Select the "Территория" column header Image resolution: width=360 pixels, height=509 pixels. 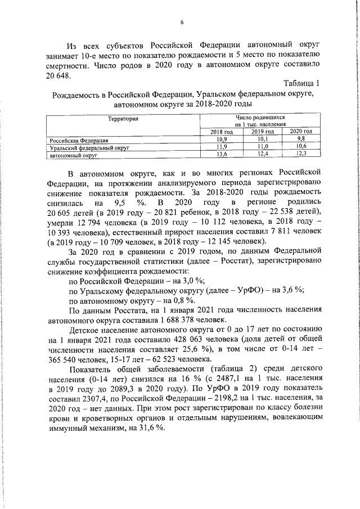pyautogui.click(x=123, y=119)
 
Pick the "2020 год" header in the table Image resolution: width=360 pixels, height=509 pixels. pyautogui.click(x=301, y=131)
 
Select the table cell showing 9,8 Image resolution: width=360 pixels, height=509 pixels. pyautogui.click(x=301, y=138)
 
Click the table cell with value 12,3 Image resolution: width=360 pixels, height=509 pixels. pyautogui.click(x=301, y=153)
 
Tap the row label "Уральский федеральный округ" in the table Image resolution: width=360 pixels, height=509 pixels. pyautogui.click(x=90, y=146)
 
